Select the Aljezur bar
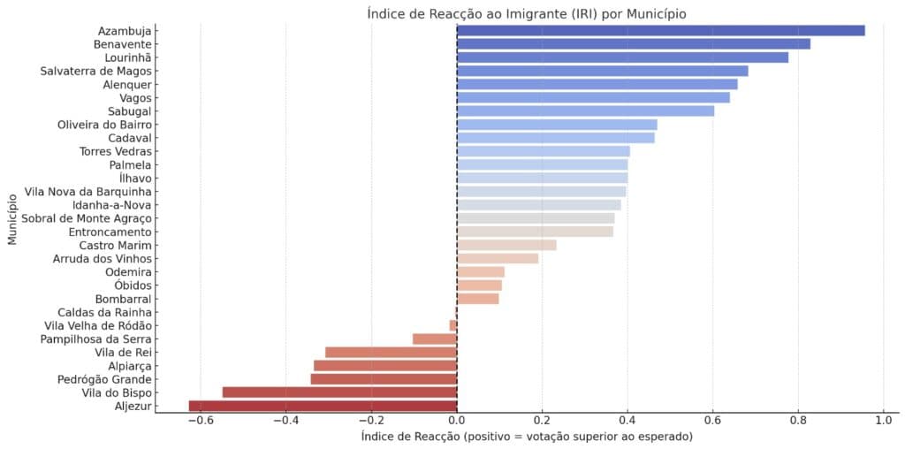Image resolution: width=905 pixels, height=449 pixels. click(323, 407)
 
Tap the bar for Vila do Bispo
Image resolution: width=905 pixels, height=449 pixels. click(339, 392)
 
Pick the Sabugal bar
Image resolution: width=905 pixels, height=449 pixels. click(585, 111)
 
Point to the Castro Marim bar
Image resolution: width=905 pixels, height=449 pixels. click(506, 245)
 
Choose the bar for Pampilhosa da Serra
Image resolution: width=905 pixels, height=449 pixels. click(435, 339)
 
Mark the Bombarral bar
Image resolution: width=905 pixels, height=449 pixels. click(477, 299)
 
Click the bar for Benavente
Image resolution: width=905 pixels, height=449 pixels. click(633, 44)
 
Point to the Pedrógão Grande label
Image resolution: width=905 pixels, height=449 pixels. click(106, 379)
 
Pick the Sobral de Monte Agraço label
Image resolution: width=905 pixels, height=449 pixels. click(87, 218)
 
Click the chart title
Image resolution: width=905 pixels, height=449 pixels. click(527, 14)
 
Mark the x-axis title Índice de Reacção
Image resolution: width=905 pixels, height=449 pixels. click(527, 437)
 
